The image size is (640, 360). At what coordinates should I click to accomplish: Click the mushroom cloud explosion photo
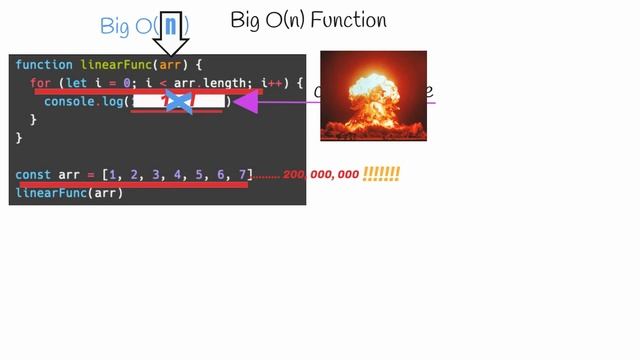(x=373, y=95)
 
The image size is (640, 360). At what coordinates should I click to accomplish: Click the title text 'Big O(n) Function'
(x=308, y=20)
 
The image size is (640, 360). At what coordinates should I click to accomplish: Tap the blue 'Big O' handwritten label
(x=127, y=27)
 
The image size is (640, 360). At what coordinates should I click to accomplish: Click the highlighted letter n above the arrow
(x=170, y=25)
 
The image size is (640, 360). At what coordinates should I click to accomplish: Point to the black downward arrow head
(x=172, y=46)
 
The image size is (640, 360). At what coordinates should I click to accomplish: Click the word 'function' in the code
(x=44, y=65)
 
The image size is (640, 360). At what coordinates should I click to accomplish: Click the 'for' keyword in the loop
(x=40, y=83)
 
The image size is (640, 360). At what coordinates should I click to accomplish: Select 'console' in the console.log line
(x=69, y=102)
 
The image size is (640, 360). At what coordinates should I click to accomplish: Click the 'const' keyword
(x=33, y=174)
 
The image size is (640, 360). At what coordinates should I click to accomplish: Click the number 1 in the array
(x=113, y=174)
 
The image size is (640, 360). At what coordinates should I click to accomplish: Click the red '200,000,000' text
(x=320, y=175)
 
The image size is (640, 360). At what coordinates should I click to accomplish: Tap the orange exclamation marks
(x=381, y=174)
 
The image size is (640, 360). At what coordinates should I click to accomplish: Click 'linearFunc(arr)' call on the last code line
(x=69, y=192)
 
